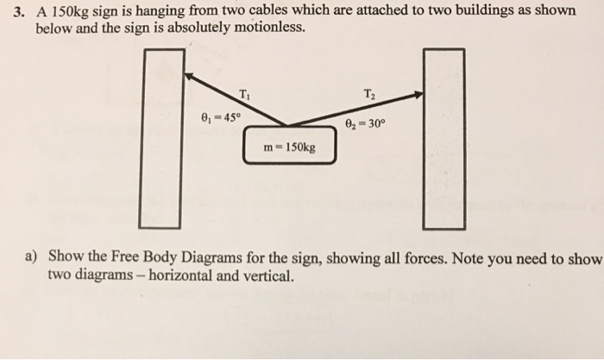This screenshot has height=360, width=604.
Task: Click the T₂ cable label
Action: point(370,94)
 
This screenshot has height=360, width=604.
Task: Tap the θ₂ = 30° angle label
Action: point(367,123)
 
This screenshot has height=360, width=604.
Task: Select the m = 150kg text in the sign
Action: point(289,147)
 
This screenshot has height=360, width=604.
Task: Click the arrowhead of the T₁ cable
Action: point(191,76)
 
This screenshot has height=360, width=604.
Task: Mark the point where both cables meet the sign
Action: point(287,125)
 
